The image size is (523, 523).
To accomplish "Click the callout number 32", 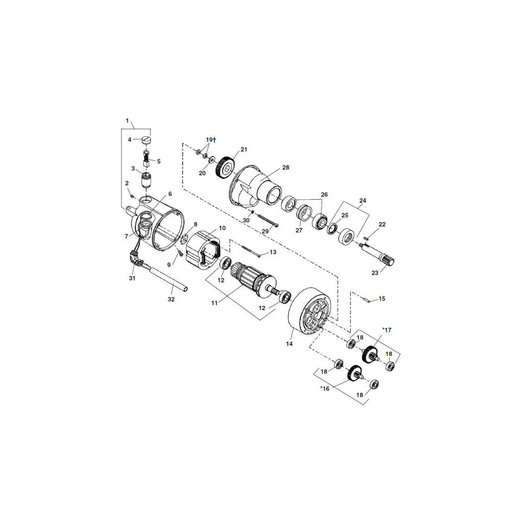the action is coord(171,299).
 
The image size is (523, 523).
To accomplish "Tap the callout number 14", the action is coord(289,344).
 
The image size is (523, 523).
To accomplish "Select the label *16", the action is coord(324,389).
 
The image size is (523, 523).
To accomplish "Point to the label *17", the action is coord(387,330).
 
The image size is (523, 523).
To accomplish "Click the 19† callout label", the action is coord(211,140).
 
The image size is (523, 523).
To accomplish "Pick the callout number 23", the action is coord(375,273).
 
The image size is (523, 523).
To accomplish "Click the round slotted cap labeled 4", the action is coord(147,140).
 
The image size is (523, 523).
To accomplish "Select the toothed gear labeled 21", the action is coord(224,167).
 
